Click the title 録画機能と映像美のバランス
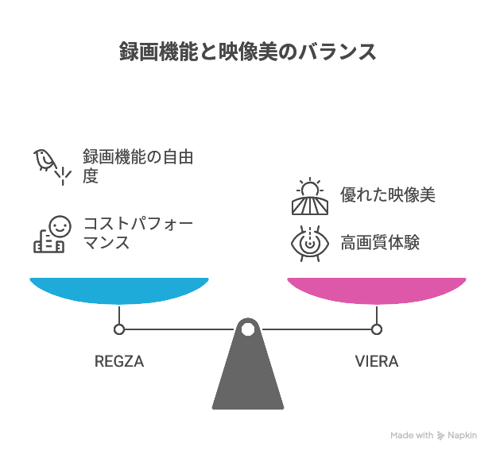(247, 53)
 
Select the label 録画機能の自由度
(138, 166)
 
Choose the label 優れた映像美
(387, 195)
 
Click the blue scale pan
(119, 290)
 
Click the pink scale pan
(377, 290)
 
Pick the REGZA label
(119, 362)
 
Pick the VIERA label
(377, 362)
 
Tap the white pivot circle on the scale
(248, 329)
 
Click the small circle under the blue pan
(119, 329)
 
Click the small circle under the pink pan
(377, 329)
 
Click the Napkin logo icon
(441, 436)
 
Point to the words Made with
(412, 436)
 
